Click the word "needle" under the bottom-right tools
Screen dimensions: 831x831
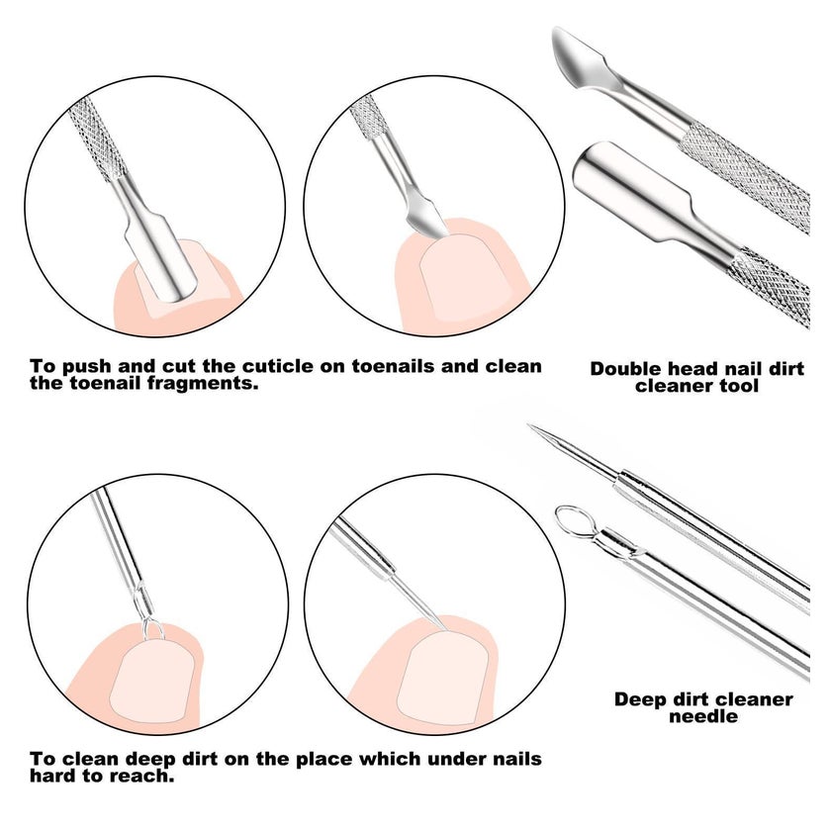[703, 716]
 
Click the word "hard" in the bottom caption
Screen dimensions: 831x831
[52, 776]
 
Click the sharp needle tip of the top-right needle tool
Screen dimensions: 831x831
[529, 425]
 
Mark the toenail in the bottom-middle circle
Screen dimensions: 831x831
[443, 678]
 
